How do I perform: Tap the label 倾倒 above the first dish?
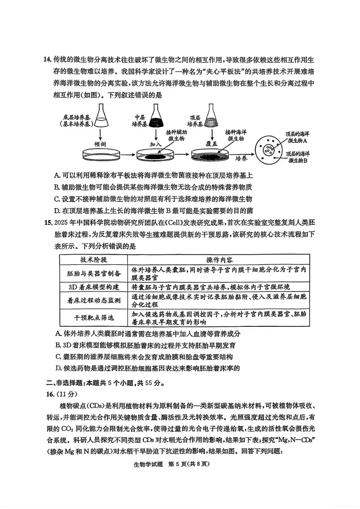click(100, 144)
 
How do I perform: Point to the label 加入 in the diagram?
click(156, 144)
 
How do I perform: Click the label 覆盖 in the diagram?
click(212, 143)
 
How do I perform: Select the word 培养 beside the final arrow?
click(241, 159)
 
